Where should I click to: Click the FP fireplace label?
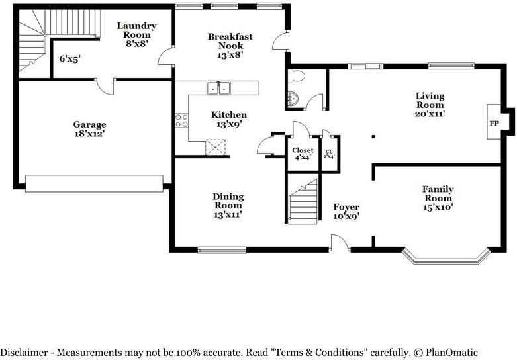click(x=494, y=124)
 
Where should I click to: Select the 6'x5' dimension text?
click(x=70, y=59)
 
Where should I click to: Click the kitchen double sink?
click(x=218, y=88)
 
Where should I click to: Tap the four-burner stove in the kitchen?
click(x=181, y=120)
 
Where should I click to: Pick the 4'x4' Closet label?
click(x=303, y=154)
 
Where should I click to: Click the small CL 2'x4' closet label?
click(x=329, y=154)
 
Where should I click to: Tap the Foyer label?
click(x=346, y=207)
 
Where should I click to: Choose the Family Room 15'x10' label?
click(x=438, y=198)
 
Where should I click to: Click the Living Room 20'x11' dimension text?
click(x=430, y=114)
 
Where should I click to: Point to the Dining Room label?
click(x=228, y=201)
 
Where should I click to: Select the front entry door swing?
click(x=340, y=243)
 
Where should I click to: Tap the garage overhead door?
click(x=94, y=183)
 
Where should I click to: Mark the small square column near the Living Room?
click(x=373, y=136)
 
